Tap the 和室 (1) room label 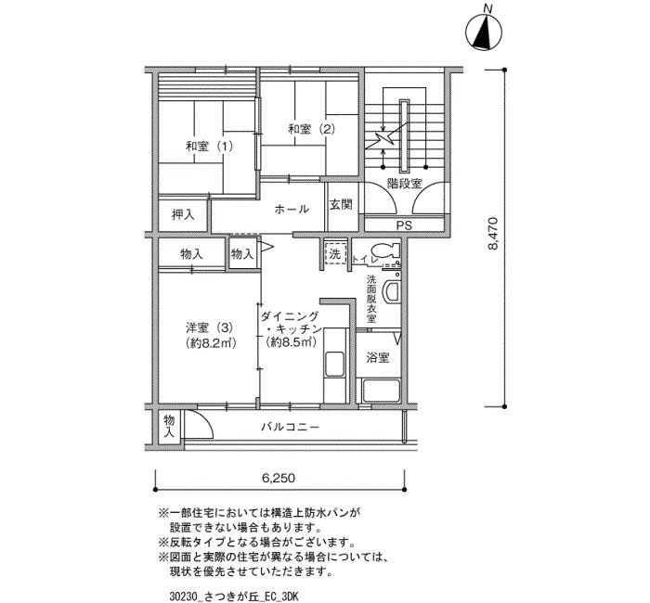pyautogui.click(x=209, y=147)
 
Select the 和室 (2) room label pyautogui.click(x=311, y=129)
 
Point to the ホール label pyautogui.click(x=292, y=209)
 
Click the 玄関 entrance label pyautogui.click(x=341, y=204)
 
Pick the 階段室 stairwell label pyautogui.click(x=404, y=184)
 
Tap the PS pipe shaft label pyautogui.click(x=404, y=225)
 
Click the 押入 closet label pyautogui.click(x=183, y=214)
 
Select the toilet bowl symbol pyautogui.click(x=385, y=250)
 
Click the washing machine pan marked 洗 pyautogui.click(x=335, y=253)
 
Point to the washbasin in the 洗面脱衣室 pyautogui.click(x=391, y=292)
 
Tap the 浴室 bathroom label pyautogui.click(x=378, y=357)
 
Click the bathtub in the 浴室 pyautogui.click(x=381, y=391)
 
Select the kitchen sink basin pyautogui.click(x=334, y=365)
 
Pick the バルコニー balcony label pyautogui.click(x=290, y=427)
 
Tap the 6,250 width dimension pyautogui.click(x=279, y=479)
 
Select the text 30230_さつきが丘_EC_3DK pyautogui.click(x=234, y=597)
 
